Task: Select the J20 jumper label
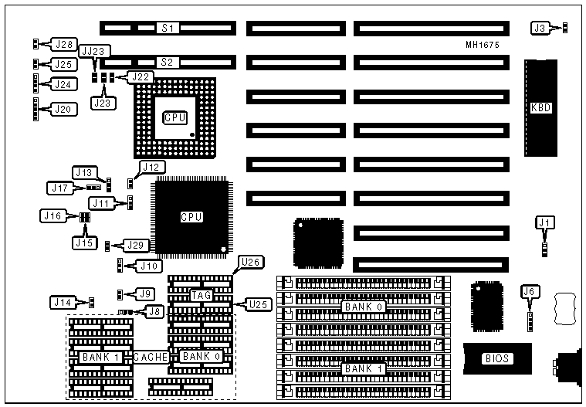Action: point(63,109)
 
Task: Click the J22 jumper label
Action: point(141,76)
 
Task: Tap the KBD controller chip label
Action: point(541,107)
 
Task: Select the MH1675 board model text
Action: point(483,46)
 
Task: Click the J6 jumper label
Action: point(530,291)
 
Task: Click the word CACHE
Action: point(151,357)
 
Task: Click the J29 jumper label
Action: point(136,245)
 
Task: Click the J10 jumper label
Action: point(148,266)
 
